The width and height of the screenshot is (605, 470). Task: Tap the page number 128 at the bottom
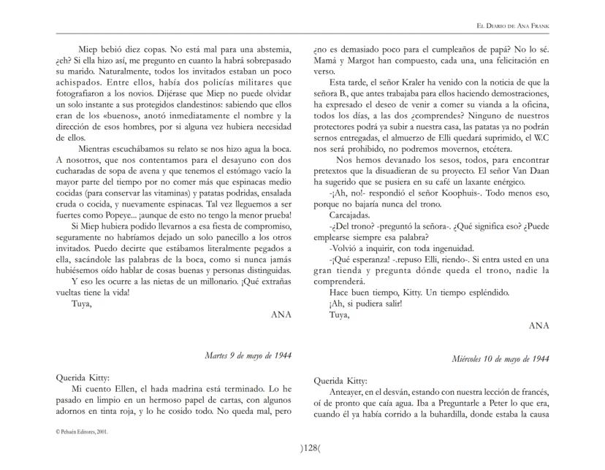301,447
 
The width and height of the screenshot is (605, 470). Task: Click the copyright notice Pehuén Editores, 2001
82,431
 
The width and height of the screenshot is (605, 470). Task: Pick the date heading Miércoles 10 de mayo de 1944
501,359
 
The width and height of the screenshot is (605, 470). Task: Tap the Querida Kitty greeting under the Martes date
82,378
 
